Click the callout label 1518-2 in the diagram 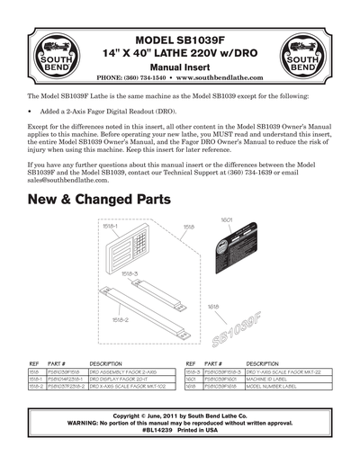pyautogui.click(x=120, y=318)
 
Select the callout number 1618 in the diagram pyautogui.click(x=214, y=306)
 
